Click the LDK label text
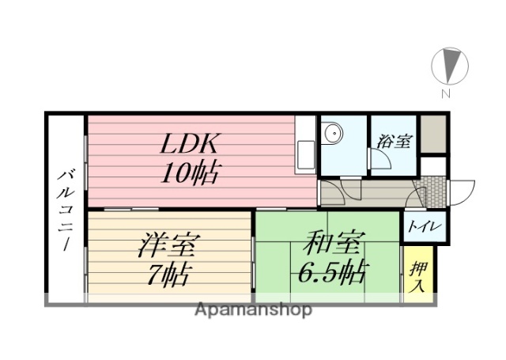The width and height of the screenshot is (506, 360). [x=191, y=145]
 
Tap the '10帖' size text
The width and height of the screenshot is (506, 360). [x=190, y=172]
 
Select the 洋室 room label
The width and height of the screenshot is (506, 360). [x=168, y=243]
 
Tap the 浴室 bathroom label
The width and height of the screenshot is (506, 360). [x=394, y=142]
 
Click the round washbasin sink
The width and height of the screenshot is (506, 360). [x=334, y=135]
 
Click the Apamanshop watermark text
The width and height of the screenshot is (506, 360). [x=254, y=310]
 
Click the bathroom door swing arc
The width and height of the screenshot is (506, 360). [x=382, y=161]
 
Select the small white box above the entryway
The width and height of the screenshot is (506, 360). [x=433, y=166]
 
